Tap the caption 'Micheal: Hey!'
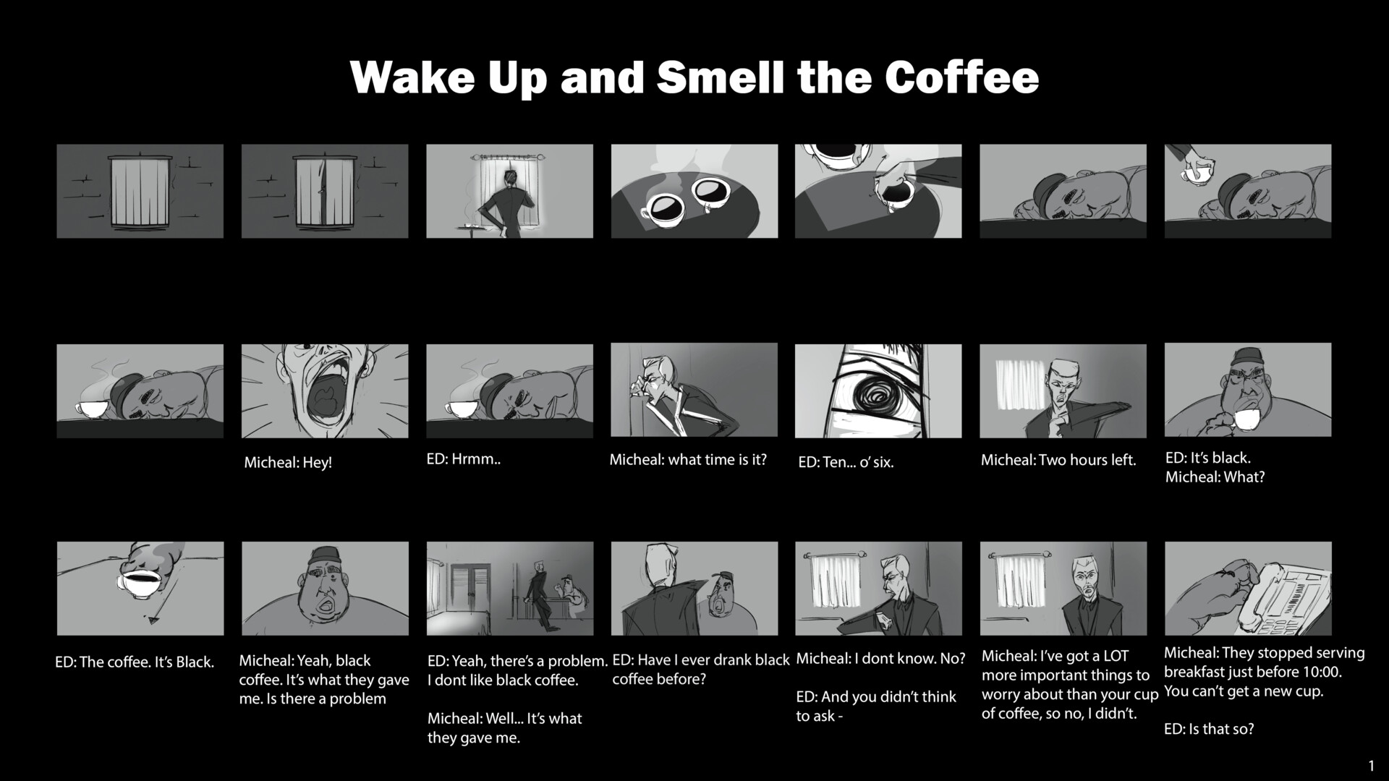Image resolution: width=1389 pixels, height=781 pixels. tap(288, 463)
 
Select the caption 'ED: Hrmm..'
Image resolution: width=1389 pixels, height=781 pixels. tap(464, 459)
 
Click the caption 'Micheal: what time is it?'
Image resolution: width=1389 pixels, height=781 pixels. tap(687, 460)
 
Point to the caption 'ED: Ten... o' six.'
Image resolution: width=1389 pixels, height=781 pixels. tap(846, 463)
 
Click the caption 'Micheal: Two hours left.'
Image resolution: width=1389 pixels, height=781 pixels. tap(1058, 460)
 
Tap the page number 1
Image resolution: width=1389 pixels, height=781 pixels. tap(1371, 766)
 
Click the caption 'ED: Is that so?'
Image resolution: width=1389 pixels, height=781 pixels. tap(1208, 729)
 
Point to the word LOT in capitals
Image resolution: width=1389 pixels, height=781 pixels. tap(1116, 657)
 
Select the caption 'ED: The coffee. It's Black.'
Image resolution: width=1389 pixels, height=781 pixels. tap(135, 662)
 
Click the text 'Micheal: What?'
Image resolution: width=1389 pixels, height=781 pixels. tap(1215, 477)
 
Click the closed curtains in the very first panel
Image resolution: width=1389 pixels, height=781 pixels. tap(140, 192)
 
